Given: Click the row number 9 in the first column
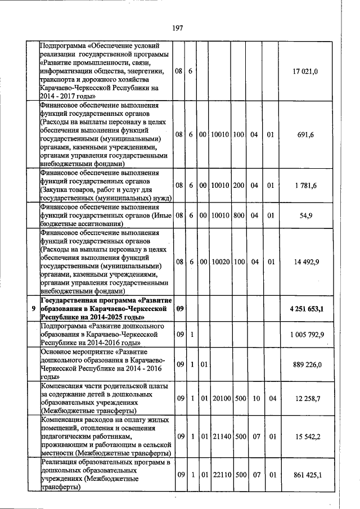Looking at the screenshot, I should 33,309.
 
